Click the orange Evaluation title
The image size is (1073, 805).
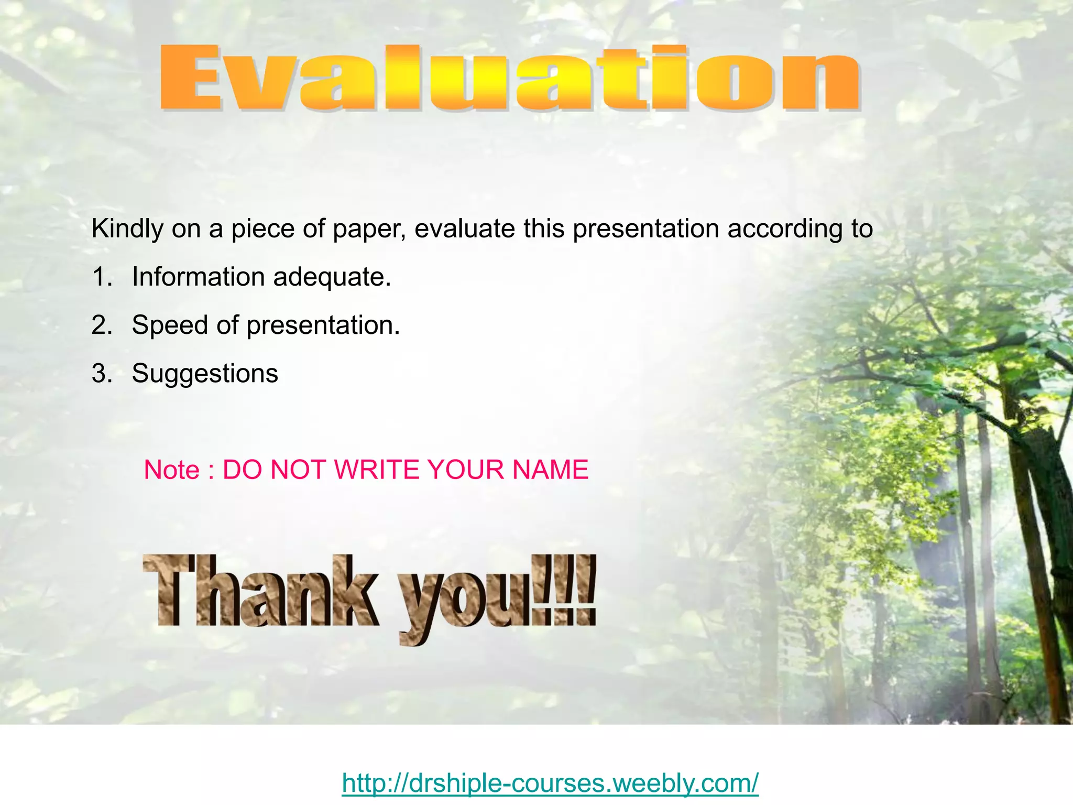[x=510, y=79]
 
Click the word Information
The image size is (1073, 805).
[x=199, y=277]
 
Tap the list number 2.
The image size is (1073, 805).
[x=102, y=325]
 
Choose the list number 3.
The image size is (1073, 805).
[x=102, y=374]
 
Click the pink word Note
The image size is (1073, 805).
[x=171, y=470]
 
